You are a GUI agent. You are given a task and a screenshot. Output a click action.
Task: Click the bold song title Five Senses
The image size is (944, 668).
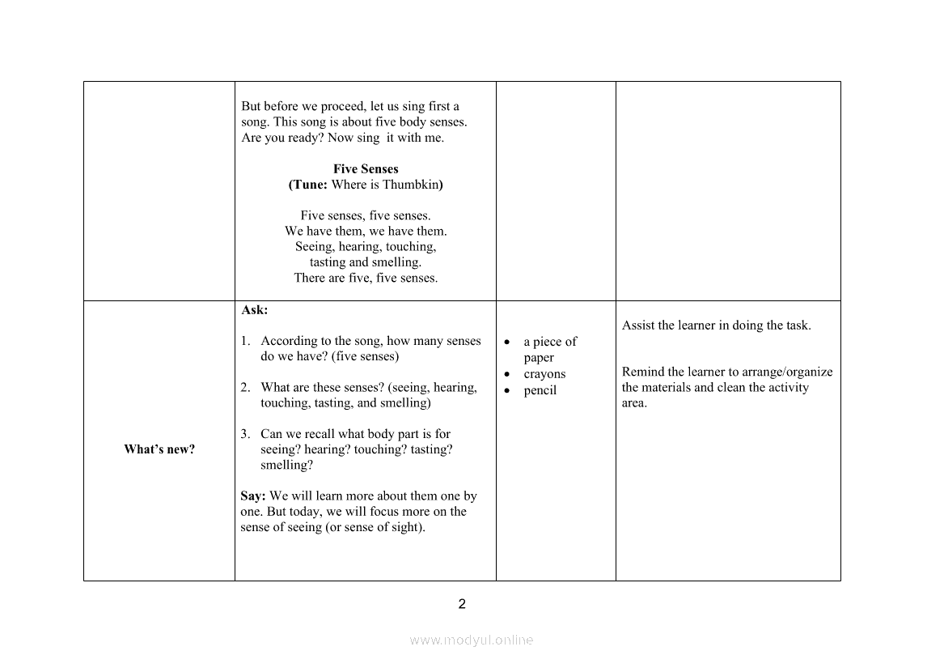[x=366, y=169]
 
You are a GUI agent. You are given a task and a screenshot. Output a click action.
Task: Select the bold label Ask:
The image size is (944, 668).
[x=254, y=310]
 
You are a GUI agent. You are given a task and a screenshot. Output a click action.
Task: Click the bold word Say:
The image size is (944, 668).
[x=253, y=496]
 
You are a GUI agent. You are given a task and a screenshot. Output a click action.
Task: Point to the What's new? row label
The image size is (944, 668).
[x=159, y=449]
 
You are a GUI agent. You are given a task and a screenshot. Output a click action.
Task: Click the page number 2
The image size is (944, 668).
[x=462, y=604]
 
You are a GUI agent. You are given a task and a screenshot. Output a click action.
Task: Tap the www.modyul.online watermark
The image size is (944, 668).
[x=471, y=640]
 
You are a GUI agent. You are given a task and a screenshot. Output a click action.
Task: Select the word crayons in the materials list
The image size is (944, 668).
[x=544, y=374]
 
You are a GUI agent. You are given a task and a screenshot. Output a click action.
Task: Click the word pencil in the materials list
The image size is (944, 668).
[x=540, y=390]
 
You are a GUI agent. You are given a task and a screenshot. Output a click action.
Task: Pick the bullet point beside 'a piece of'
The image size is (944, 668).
[x=506, y=343]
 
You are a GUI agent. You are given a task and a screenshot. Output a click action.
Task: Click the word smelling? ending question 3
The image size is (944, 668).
[x=286, y=466]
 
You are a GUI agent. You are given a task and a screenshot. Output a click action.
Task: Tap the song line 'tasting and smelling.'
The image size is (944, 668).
[x=366, y=262]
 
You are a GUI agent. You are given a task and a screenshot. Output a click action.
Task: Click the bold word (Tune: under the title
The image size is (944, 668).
[x=308, y=185]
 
